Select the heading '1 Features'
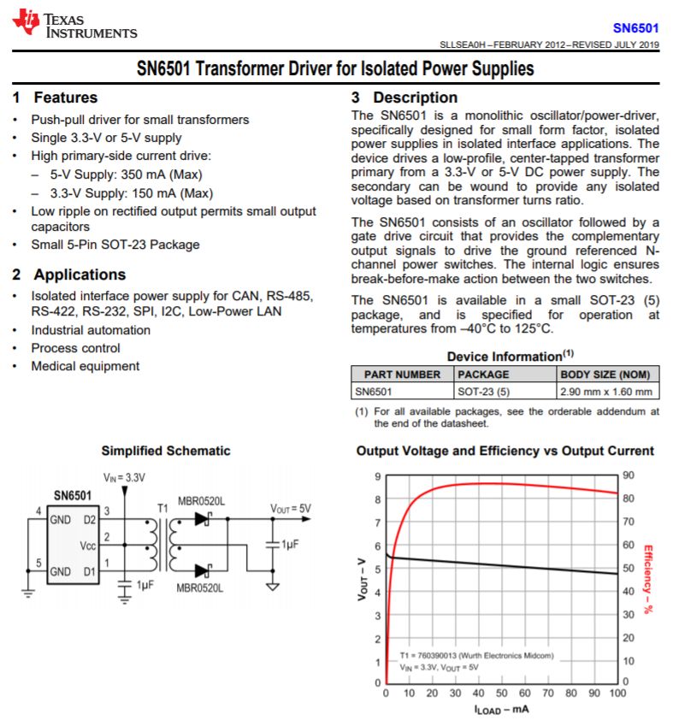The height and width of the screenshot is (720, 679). [56, 97]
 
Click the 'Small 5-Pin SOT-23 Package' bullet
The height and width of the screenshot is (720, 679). [115, 245]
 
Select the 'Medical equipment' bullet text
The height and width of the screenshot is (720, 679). [86, 366]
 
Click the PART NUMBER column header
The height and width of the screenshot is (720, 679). [402, 375]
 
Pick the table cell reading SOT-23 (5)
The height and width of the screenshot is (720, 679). [483, 392]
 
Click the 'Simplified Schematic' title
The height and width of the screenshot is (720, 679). [166, 451]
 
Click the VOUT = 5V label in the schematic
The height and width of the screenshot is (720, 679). [292, 508]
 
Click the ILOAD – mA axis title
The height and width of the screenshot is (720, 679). [503, 710]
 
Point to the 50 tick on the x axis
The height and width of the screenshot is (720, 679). [502, 693]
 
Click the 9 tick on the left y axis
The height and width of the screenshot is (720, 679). [377, 476]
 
